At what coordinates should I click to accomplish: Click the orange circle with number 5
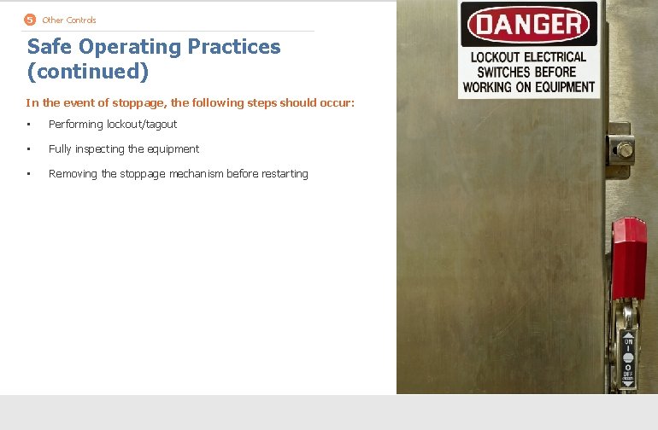coord(30,20)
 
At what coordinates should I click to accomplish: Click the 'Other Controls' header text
coord(69,20)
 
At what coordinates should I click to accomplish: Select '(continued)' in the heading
coord(87,72)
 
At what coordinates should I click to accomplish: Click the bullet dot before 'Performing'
coord(28,125)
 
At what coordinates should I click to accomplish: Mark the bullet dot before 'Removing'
coord(28,174)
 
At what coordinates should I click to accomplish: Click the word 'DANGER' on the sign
coord(529,25)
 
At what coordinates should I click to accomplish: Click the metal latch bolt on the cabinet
coord(625,151)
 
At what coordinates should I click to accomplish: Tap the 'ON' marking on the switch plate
coord(627,339)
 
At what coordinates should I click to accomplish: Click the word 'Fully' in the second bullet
coord(60,149)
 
